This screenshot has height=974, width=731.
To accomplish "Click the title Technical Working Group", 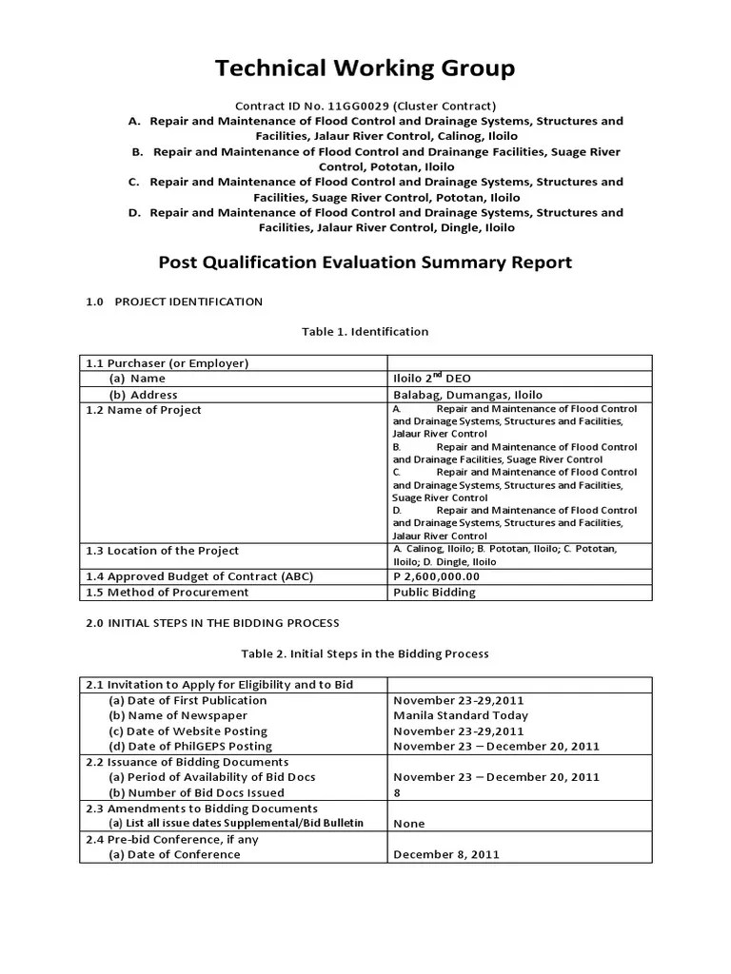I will click(365, 68).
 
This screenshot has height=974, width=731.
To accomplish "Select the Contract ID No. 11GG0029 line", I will click(365, 106).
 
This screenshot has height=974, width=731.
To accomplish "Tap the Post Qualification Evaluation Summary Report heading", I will click(365, 262).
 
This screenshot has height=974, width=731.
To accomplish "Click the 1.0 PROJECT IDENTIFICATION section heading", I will click(174, 302).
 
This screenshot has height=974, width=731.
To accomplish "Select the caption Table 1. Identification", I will click(365, 332).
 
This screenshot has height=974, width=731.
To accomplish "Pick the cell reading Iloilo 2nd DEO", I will click(431, 378).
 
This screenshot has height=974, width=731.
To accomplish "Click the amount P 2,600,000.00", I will click(436, 576).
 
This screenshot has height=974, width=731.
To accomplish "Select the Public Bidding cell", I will click(434, 592).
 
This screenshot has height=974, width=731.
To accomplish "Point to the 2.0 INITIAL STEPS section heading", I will click(212, 623).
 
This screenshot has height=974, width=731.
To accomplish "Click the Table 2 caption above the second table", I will click(365, 653).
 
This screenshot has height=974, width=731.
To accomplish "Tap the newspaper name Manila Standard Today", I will click(461, 715).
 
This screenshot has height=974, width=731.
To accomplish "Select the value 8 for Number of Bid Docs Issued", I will click(396, 792).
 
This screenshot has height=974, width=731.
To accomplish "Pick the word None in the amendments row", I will click(408, 824).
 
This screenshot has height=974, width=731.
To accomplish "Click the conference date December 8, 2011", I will click(445, 854).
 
